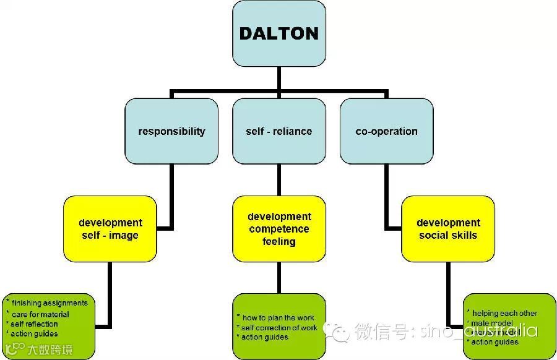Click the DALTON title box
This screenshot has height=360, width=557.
(278, 33)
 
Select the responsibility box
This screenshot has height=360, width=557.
(171, 131)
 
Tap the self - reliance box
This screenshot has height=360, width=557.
(278, 131)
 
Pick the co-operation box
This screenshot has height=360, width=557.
(386, 131)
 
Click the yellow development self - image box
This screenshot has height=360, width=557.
(110, 229)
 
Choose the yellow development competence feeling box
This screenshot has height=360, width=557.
(278, 229)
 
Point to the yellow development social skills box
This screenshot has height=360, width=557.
(447, 229)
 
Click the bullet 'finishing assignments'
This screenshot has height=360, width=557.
(49, 303)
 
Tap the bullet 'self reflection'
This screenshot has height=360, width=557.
(35, 324)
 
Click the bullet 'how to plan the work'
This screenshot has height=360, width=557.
(278, 318)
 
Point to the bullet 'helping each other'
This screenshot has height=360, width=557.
(504, 314)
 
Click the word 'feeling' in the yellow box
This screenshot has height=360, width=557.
(279, 241)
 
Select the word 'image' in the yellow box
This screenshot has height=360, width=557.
(124, 235)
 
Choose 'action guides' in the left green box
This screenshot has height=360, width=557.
(35, 334)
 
